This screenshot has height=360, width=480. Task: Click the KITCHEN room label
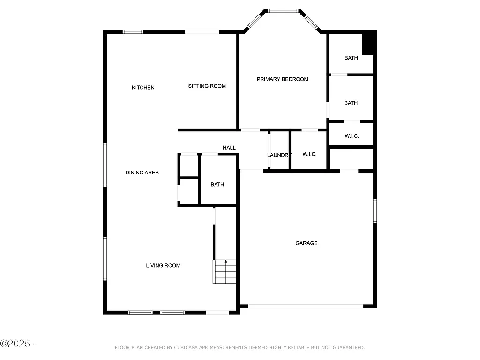143,88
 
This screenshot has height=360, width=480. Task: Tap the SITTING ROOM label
207,86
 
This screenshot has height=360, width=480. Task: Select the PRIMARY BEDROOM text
282,79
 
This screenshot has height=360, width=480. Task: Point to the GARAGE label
306,243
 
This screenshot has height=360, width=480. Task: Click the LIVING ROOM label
163,266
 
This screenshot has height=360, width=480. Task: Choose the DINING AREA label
142,172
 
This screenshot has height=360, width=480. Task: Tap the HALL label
229,148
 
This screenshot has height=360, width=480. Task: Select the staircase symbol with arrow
225,271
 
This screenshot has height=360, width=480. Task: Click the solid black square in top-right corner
369,43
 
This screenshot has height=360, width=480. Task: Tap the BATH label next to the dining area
217,185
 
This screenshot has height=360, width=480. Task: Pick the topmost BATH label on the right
351,58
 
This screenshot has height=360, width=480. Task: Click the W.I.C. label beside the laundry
309,154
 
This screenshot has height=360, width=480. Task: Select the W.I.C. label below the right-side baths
352,136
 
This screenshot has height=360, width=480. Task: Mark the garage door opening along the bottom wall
305,307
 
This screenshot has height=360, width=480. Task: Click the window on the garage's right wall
375,211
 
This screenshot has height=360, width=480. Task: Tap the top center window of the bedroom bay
283,10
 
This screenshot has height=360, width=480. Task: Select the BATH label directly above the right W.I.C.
351,103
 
